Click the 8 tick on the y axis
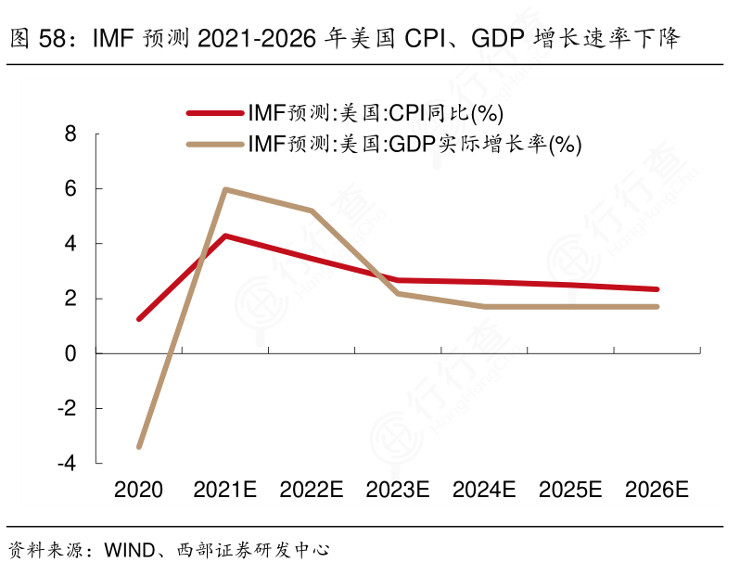click(70, 134)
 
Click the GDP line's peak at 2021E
click(225, 189)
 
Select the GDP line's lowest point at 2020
click(139, 447)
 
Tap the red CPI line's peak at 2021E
click(225, 236)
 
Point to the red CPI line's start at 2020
click(139, 319)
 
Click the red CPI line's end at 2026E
click(656, 289)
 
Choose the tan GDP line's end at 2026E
click(656, 306)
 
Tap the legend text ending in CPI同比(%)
click(375, 113)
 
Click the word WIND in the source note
click(127, 550)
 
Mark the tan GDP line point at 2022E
click(312, 211)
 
